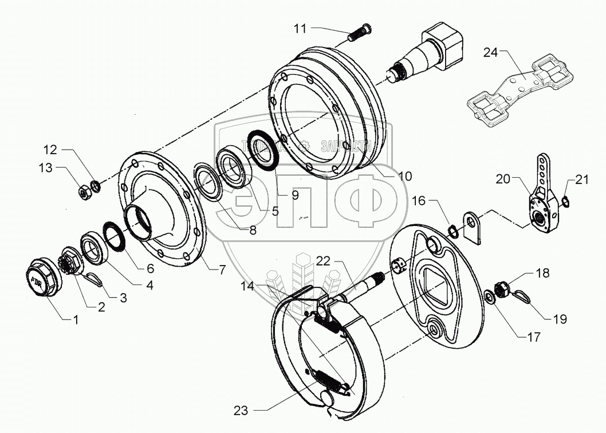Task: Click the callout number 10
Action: pyautogui.click(x=404, y=177)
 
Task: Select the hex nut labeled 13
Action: pyautogui.click(x=83, y=193)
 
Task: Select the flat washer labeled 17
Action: pyautogui.click(x=490, y=297)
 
